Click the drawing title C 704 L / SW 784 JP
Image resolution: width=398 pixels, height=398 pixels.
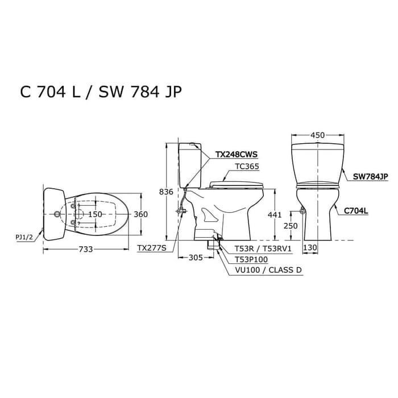(x=101, y=92)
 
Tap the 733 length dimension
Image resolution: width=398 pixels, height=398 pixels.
(x=85, y=249)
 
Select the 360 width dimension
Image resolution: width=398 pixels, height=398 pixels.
(x=140, y=214)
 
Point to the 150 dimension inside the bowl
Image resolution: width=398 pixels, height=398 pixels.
(x=95, y=214)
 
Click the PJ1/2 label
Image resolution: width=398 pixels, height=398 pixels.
(x=24, y=237)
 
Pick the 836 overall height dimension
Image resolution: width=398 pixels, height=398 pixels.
(x=166, y=192)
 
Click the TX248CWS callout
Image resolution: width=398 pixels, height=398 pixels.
(x=237, y=154)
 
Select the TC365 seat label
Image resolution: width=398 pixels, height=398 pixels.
(x=247, y=167)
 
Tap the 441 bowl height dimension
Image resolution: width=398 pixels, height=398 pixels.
(x=275, y=215)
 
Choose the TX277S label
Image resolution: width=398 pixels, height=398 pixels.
(x=152, y=248)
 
